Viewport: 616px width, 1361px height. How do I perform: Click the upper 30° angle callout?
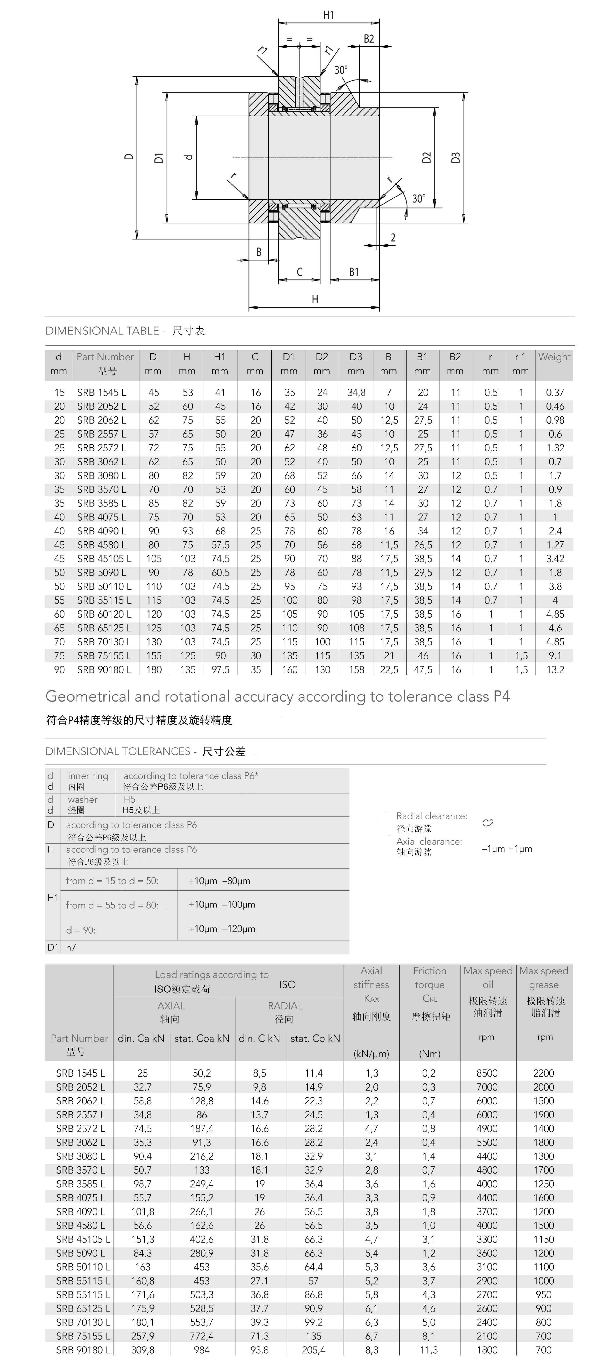click(x=341, y=70)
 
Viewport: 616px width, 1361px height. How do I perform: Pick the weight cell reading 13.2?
click(x=555, y=669)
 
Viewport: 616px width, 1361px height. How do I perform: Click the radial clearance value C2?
click(x=488, y=823)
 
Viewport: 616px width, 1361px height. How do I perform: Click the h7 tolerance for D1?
click(x=71, y=947)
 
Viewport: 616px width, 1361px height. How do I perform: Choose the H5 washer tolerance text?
click(x=129, y=799)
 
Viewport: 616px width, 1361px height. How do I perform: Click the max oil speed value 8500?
click(x=487, y=1073)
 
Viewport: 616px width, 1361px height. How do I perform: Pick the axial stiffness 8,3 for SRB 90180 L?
click(x=372, y=1350)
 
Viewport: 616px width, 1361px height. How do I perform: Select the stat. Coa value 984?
click(x=202, y=1350)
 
